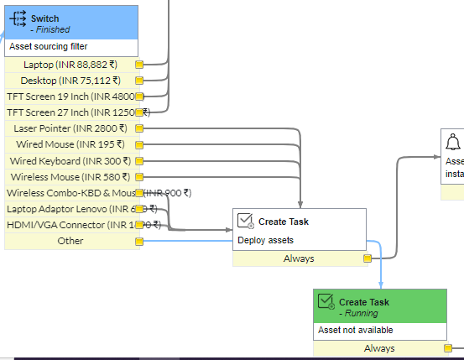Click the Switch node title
coord(45,18)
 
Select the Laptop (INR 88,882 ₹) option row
coord(70,65)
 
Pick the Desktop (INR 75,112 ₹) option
coord(70,81)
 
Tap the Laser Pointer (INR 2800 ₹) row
coord(70,128)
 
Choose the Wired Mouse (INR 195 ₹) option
coord(70,144)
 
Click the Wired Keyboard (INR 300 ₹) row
coord(70,160)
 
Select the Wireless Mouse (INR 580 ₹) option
coord(70,177)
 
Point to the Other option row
coord(70,241)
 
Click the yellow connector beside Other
coord(139,242)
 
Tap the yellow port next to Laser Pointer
coord(139,128)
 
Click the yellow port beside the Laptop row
coord(139,65)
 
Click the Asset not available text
coord(355,330)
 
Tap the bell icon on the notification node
coord(454,141)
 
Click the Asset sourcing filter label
coord(48,46)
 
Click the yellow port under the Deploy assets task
coord(367,258)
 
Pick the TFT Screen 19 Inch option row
coord(70,97)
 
